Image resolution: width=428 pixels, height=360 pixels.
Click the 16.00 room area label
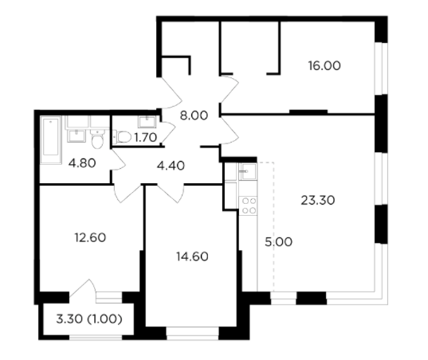click(324, 66)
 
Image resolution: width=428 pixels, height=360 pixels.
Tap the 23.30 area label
click(318, 201)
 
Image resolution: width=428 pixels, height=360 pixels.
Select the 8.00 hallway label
click(194, 115)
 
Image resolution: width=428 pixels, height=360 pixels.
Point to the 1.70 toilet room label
click(146, 138)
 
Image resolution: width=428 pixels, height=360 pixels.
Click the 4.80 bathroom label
click(82, 163)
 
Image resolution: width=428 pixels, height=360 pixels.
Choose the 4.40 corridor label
click(171, 166)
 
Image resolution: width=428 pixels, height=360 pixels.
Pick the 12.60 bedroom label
click(90, 237)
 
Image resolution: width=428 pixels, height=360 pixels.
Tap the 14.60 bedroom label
click(192, 256)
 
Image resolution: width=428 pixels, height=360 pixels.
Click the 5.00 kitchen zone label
click(278, 242)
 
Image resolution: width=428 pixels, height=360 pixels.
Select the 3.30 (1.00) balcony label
click(89, 319)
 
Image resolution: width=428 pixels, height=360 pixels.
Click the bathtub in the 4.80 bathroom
click(51, 140)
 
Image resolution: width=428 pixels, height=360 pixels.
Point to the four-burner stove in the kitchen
click(248, 205)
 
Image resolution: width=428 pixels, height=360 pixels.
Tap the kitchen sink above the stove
click(248, 171)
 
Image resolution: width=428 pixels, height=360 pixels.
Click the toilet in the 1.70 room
click(123, 137)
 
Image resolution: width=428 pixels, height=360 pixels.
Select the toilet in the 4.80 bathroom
click(97, 139)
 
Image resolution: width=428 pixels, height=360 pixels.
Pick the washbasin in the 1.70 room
click(147, 122)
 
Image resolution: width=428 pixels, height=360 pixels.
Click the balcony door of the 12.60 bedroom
click(82, 289)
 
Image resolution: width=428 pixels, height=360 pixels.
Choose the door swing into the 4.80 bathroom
click(118, 162)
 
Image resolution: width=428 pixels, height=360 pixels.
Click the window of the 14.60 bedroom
click(192, 333)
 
